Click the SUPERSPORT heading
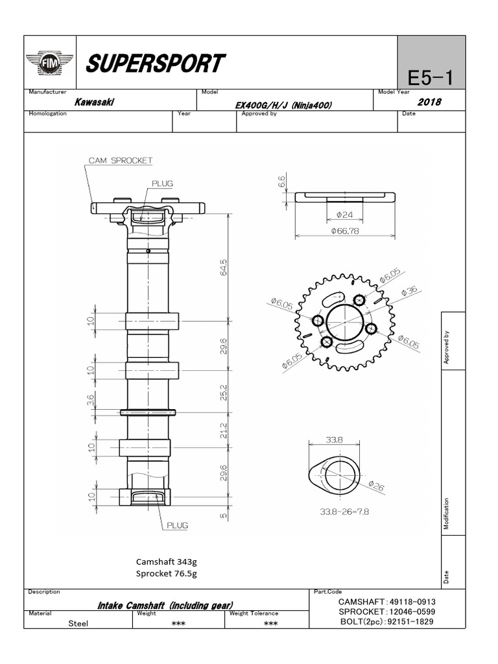click(155, 64)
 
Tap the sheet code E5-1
click(429, 78)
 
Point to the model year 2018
click(429, 102)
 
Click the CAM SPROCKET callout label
click(120, 160)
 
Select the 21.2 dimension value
click(224, 431)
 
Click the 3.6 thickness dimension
click(91, 402)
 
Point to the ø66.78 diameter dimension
click(344, 230)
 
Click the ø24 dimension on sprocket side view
click(344, 215)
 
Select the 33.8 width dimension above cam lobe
click(334, 440)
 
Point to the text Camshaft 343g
click(166, 562)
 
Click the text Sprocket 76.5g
click(166, 573)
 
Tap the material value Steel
click(78, 623)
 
